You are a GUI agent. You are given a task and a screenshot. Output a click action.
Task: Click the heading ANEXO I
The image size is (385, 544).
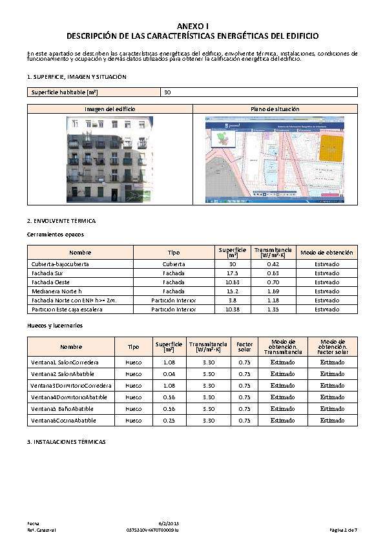[x=192, y=25]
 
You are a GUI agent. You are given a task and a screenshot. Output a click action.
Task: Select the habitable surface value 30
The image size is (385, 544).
[x=167, y=92]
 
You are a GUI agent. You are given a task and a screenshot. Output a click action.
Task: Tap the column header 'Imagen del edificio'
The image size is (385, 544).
[x=110, y=109]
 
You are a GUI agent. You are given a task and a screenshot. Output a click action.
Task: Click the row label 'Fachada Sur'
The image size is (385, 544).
[x=46, y=273]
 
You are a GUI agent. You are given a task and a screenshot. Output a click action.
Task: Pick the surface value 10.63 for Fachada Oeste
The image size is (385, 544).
[x=233, y=282]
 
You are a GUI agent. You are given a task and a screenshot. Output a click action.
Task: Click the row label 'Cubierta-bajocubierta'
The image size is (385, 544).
[x=60, y=264]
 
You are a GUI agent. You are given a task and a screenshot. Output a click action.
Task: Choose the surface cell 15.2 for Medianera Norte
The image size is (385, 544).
[x=233, y=291]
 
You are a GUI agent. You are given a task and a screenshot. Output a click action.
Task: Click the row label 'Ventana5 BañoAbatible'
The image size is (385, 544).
[x=62, y=409]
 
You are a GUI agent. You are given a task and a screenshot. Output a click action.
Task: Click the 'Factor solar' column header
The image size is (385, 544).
[x=244, y=346]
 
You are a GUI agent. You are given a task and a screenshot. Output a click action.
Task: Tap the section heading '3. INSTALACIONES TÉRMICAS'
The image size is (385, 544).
[x=67, y=442]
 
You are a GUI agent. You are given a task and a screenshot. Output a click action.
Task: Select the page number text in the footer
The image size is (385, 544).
[x=343, y=530]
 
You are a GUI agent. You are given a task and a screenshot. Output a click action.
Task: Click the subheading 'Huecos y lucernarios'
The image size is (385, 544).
[x=55, y=326]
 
